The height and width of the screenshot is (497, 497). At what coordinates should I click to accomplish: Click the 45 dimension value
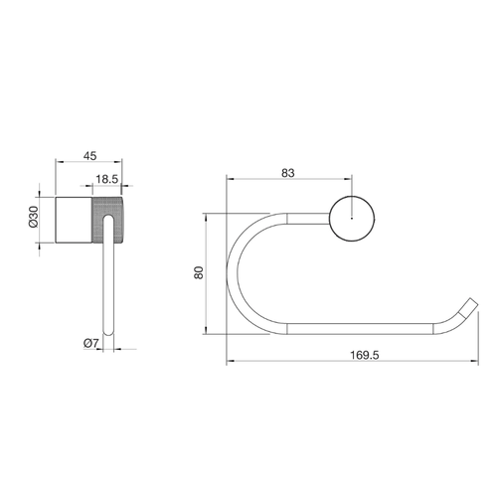coord(89,156)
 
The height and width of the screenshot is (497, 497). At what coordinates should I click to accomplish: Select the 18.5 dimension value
coord(106,179)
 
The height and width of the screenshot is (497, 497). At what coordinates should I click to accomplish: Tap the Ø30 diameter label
coord(34,217)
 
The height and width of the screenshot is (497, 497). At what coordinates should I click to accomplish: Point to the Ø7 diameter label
coord(91,343)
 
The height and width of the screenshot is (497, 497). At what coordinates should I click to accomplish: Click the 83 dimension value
coord(288,173)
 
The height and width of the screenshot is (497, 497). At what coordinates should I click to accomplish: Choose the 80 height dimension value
coord(199,272)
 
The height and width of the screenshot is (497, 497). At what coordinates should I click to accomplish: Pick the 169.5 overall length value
coord(365,355)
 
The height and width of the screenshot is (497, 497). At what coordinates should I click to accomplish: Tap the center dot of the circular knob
coord(352,219)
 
